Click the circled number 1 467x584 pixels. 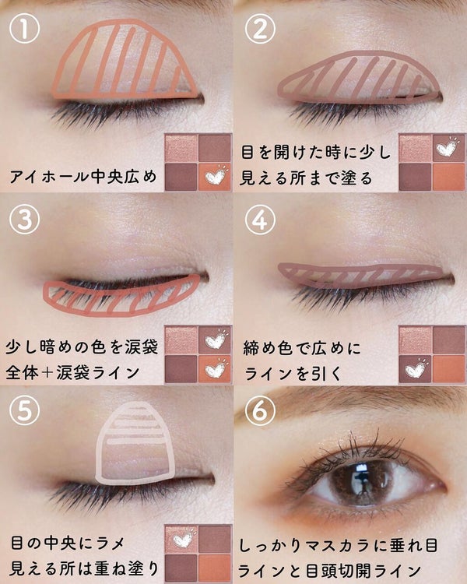coord(25,29)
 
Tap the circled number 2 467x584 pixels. coord(260,29)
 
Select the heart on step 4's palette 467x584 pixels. coord(416,369)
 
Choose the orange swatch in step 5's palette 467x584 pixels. coord(215,568)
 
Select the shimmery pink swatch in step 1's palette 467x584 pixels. coord(181,148)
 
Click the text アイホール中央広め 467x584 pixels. coord(83,176)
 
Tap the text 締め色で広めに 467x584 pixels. coord(303,348)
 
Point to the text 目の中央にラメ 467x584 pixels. coord(67,543)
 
